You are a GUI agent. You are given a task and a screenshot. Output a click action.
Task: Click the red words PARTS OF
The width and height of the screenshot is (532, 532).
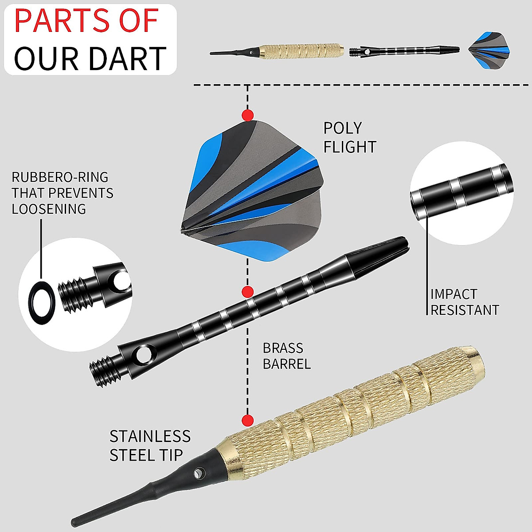[x=86, y=21]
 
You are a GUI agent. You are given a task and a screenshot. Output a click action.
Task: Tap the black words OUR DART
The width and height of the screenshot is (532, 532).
[x=90, y=58]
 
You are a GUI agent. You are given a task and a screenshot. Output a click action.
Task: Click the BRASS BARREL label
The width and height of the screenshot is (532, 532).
[x=286, y=356]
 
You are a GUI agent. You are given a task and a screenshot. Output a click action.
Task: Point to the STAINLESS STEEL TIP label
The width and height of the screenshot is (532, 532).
[x=150, y=445]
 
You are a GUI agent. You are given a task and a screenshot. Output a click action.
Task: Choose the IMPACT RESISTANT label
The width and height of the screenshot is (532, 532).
[x=464, y=302]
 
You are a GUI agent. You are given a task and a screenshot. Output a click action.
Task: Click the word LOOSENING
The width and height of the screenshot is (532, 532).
[x=49, y=209]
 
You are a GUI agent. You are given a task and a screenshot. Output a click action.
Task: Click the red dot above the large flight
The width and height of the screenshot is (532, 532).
[x=248, y=115]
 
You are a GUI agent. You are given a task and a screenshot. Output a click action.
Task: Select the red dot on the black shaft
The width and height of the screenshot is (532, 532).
[x=248, y=292]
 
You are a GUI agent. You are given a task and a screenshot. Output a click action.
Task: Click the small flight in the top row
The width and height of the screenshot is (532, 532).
[x=489, y=50]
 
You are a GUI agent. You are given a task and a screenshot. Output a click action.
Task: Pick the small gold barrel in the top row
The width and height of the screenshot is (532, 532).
[x=301, y=51]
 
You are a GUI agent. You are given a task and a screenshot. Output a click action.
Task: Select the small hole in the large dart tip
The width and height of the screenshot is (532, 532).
[x=197, y=474]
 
